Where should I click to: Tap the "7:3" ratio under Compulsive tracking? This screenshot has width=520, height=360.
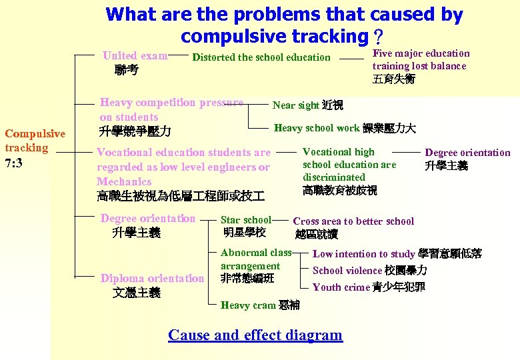tap(14, 163)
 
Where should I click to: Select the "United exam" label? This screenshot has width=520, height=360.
tap(135, 56)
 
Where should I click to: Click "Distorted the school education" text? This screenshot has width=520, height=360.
tap(261, 57)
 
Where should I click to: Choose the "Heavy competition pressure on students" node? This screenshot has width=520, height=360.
tap(171, 110)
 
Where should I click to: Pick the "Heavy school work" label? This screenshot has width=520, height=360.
tap(317, 128)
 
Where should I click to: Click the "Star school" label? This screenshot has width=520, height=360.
tap(246, 219)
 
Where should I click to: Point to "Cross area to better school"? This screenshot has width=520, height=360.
tap(353, 221)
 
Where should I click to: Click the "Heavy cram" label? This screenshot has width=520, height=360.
tap(248, 305)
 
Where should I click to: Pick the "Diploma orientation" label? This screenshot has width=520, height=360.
tap(152, 278)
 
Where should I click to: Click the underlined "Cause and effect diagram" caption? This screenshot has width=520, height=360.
tap(255, 335)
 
